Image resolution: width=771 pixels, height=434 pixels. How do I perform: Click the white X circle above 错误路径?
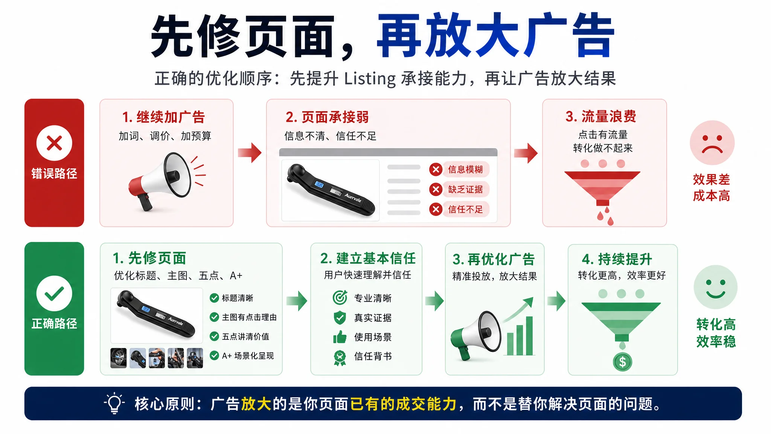[54, 143]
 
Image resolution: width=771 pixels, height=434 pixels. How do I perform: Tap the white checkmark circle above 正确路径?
[54, 293]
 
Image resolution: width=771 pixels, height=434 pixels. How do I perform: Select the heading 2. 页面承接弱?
[327, 117]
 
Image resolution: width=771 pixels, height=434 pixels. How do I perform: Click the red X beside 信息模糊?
[436, 170]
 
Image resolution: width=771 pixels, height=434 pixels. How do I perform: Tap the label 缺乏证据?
[465, 189]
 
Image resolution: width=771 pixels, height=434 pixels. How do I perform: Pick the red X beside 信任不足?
[436, 209]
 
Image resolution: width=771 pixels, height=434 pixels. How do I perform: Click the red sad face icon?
[712, 143]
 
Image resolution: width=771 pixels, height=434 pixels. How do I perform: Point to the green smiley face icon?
[715, 287]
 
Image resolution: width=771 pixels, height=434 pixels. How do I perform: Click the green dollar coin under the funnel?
[623, 362]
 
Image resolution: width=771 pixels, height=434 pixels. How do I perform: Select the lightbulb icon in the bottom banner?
[114, 403]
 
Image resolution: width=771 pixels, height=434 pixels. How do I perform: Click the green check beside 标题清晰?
[214, 298]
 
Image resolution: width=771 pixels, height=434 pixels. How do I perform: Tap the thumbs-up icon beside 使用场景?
[340, 337]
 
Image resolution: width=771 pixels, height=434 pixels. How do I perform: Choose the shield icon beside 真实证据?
[340, 318]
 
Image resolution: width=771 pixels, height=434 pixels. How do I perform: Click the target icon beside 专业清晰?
[340, 298]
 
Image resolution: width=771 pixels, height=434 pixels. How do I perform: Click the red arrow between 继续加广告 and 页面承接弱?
[250, 153]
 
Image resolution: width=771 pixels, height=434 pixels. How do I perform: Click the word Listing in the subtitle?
[370, 79]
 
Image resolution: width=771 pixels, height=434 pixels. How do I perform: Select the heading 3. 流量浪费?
[601, 116]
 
